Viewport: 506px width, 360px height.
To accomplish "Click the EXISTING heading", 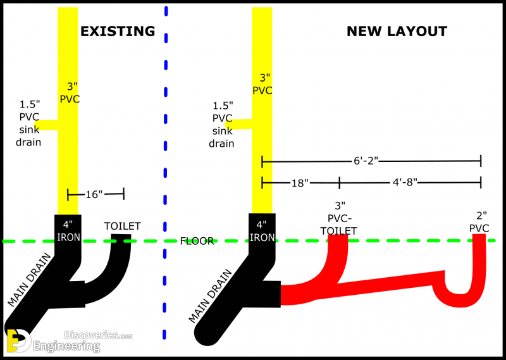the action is click(x=118, y=32).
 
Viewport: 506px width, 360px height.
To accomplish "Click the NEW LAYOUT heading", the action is click(x=397, y=32).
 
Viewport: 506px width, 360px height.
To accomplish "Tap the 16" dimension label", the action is click(x=94, y=194).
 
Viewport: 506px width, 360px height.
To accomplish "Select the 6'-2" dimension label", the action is click(x=366, y=161).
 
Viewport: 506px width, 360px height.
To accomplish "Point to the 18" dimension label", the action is click(x=300, y=183).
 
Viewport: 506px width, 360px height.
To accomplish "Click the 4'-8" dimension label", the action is click(x=405, y=182).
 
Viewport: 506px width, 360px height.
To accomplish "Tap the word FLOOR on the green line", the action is click(x=197, y=241).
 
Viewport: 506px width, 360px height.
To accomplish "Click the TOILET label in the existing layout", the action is click(x=122, y=226).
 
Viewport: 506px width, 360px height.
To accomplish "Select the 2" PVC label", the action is click(x=479, y=222).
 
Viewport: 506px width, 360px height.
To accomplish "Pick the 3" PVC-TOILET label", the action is click(x=339, y=218).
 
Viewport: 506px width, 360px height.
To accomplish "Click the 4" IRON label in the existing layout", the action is click(x=68, y=231).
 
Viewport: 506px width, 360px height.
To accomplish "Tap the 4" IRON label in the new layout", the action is click(x=262, y=231).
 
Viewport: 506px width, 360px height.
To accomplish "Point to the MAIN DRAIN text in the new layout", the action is click(x=211, y=296).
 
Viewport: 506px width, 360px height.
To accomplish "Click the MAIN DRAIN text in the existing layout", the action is click(x=29, y=280).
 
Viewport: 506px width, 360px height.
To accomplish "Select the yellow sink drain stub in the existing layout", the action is click(x=46, y=125).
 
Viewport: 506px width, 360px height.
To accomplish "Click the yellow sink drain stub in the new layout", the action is click(x=238, y=124).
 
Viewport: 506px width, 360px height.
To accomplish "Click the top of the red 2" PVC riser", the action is click(x=479, y=235).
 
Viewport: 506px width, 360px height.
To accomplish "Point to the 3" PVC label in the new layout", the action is click(x=262, y=84).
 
